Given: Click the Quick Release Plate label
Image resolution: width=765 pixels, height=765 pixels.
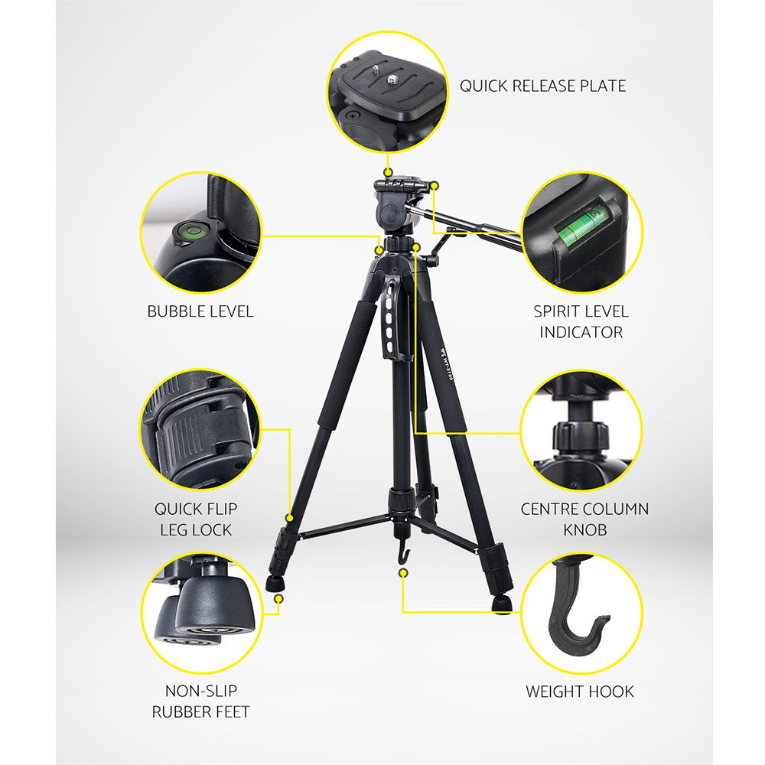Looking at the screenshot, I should coord(542,86).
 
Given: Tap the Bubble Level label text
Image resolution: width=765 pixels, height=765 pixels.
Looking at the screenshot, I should coord(200,311).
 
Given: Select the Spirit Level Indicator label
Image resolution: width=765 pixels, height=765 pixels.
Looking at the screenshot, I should coord(581,321).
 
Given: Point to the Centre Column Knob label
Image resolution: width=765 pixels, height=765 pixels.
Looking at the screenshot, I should coord(584,519).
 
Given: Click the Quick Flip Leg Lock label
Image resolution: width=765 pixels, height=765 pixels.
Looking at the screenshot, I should coord(196,519).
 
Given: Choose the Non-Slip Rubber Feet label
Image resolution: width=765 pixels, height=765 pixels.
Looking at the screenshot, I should coord(200,701).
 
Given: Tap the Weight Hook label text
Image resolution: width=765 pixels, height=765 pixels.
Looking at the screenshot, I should coord(579,692).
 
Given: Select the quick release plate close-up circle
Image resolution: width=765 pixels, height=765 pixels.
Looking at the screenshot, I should coord(388,90).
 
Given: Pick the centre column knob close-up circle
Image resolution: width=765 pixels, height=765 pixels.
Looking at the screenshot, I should coord(581,429).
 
